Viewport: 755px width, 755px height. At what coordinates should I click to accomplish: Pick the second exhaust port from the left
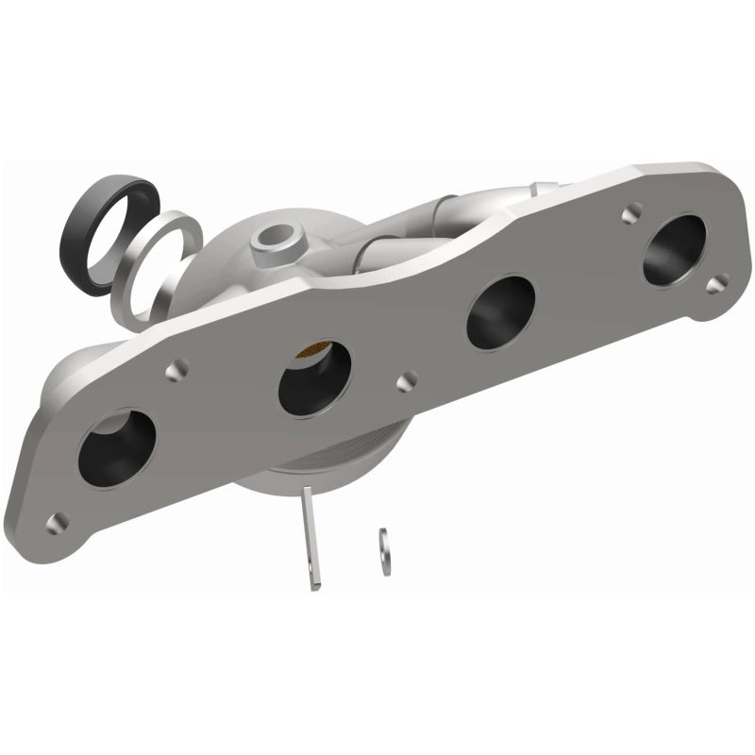click(x=315, y=376)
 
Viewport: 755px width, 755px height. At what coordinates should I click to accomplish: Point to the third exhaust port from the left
click(x=500, y=312)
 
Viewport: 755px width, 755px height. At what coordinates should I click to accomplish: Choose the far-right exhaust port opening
click(x=674, y=250)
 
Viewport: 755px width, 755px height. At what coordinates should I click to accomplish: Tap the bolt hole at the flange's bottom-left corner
click(x=58, y=520)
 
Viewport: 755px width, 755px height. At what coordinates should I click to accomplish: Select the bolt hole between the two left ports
click(x=176, y=371)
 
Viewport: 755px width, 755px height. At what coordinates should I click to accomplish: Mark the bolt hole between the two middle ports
click(x=407, y=380)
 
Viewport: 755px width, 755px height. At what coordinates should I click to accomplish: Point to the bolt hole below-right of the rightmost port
click(x=717, y=282)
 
